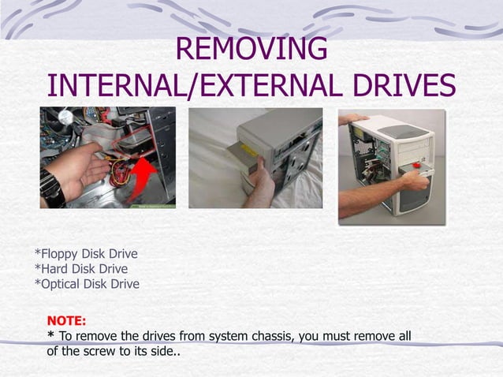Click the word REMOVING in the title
(x=251, y=49)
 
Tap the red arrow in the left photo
(x=142, y=177)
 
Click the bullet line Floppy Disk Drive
(x=86, y=254)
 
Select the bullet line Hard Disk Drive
(x=80, y=269)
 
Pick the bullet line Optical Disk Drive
(x=87, y=284)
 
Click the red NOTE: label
(x=67, y=321)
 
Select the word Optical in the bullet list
(x=60, y=284)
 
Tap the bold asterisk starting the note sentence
(x=51, y=336)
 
